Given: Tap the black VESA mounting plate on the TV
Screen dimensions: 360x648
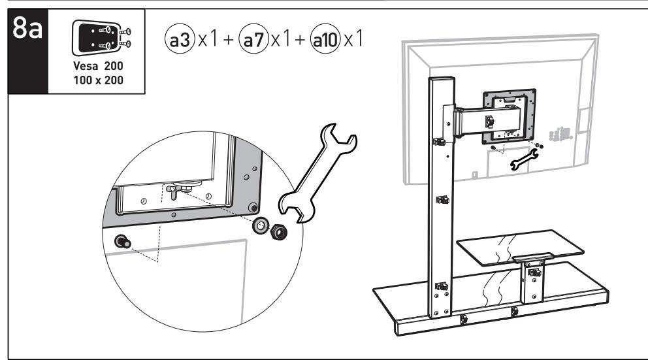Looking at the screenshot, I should point(509,116).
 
